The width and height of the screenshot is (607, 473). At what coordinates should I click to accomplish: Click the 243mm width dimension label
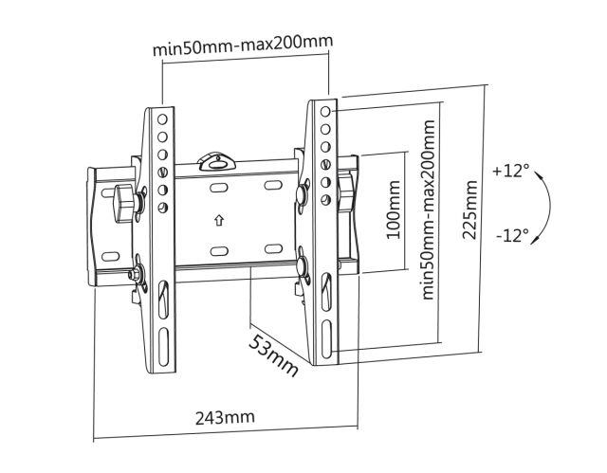click(225, 418)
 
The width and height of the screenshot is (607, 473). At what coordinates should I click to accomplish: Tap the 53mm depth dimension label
click(273, 355)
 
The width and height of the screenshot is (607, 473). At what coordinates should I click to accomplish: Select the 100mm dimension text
click(394, 210)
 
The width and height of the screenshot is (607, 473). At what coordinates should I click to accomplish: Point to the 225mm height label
click(469, 209)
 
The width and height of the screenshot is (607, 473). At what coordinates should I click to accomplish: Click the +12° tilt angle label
click(510, 171)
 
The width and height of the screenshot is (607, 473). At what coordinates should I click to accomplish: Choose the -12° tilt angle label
click(512, 235)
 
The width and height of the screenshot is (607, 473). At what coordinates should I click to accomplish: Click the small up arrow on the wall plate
click(219, 221)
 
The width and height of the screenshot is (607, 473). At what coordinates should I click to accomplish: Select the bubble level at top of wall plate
click(216, 161)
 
